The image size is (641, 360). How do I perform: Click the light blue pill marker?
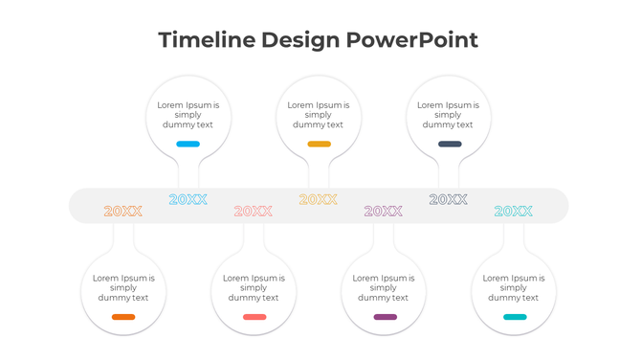pyautogui.click(x=188, y=144)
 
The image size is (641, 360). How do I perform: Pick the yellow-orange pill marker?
pyautogui.click(x=319, y=144)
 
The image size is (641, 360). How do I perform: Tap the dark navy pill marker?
pyautogui.click(x=450, y=144)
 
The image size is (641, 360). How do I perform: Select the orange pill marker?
pyautogui.click(x=123, y=317)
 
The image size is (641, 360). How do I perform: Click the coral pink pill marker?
pyautogui.click(x=254, y=317)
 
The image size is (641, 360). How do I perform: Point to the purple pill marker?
pyautogui.click(x=385, y=317)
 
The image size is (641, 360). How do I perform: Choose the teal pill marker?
pyautogui.click(x=515, y=317)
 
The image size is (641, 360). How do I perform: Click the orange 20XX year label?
pyautogui.click(x=123, y=212)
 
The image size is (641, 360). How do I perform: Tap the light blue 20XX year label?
pyautogui.click(x=188, y=200)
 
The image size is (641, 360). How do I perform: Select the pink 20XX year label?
pyautogui.click(x=254, y=212)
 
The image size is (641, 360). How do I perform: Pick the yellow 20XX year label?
pyautogui.click(x=319, y=200)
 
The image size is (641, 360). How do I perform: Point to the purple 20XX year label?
pyautogui.click(x=384, y=212)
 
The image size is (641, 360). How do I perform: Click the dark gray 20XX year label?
pyautogui.click(x=449, y=200)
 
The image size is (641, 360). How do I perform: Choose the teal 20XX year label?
pyautogui.click(x=514, y=212)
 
